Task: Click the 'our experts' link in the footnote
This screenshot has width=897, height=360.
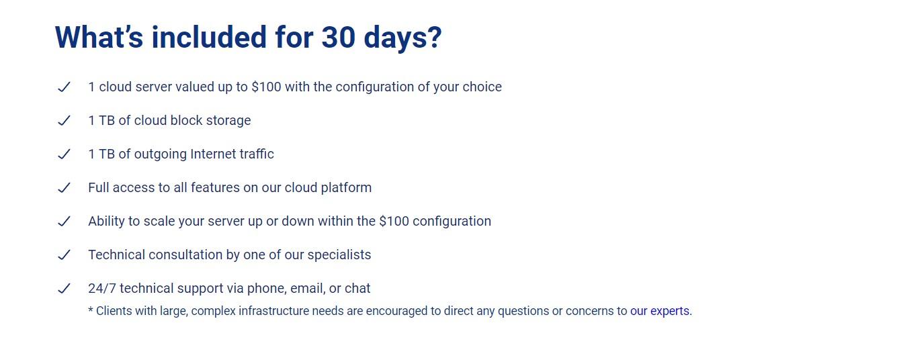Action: [660, 311]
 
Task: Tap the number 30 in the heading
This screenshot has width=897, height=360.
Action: [338, 37]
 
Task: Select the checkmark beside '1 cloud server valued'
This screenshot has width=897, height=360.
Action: [64, 87]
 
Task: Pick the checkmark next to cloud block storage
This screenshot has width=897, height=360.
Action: [64, 120]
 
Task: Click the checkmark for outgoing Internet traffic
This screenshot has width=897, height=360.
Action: [64, 154]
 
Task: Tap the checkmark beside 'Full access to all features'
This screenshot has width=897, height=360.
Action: [64, 188]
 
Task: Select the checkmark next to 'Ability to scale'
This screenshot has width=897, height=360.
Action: [64, 222]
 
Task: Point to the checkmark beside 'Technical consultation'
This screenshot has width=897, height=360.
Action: [64, 255]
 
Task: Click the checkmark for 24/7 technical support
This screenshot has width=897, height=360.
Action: [64, 289]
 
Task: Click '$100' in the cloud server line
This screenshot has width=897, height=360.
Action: [266, 87]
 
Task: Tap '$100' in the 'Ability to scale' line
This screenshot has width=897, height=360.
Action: [394, 222]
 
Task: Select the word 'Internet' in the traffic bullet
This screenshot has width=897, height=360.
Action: [212, 154]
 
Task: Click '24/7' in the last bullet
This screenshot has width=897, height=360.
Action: [102, 288]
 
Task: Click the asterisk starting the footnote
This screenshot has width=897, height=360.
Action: [91, 310]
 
